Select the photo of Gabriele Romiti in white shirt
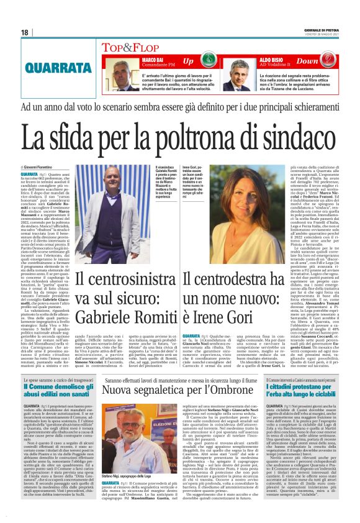tap(114, 220)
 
